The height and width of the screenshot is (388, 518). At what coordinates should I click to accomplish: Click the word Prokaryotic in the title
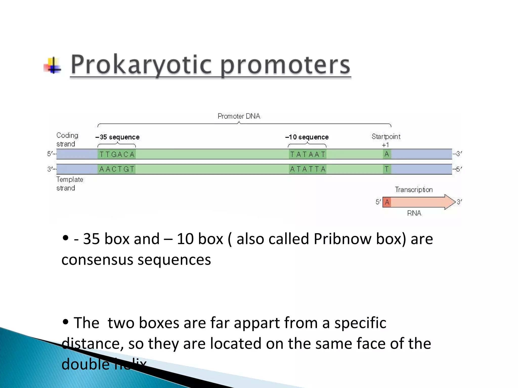click(x=141, y=65)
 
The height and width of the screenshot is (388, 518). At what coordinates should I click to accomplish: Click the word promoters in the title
click(x=285, y=65)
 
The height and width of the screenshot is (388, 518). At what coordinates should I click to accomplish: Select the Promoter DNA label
click(x=239, y=116)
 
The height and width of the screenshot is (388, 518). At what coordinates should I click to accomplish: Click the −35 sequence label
click(x=117, y=137)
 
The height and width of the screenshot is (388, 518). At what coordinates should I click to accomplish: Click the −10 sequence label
click(x=307, y=137)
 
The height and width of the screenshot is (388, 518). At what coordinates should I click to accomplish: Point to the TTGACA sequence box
click(x=117, y=154)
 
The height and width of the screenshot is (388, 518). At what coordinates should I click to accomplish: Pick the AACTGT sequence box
click(x=117, y=169)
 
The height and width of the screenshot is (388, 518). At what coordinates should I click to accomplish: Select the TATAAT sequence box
click(x=308, y=154)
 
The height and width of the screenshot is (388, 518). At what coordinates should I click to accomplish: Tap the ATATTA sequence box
click(x=308, y=169)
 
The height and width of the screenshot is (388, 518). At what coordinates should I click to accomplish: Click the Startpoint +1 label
click(x=386, y=140)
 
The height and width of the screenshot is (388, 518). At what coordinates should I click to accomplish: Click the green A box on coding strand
click(x=387, y=154)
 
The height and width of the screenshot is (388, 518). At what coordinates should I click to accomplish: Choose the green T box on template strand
click(x=387, y=169)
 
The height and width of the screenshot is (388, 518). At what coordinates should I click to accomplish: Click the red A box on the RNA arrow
click(x=387, y=202)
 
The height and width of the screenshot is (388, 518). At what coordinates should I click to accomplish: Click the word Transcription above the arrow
click(x=414, y=190)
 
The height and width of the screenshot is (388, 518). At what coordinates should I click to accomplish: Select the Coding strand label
click(x=67, y=139)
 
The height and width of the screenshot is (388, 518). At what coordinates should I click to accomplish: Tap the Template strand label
click(x=69, y=184)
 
